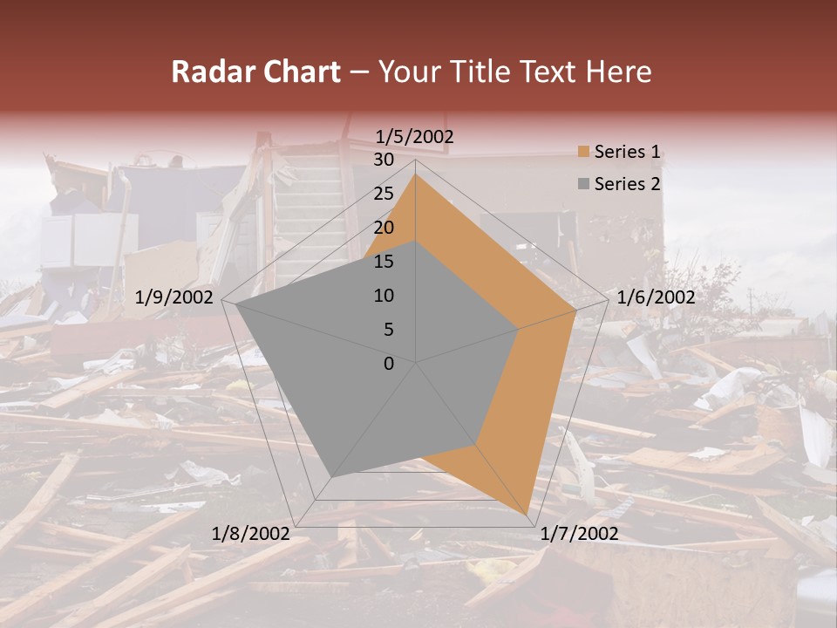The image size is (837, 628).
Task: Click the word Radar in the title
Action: (x=208, y=72)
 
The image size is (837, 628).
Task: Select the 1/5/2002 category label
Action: (x=415, y=136)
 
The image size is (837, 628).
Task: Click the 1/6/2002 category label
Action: (x=656, y=297)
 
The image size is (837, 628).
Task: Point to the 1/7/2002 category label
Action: (x=579, y=534)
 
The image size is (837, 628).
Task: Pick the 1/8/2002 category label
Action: (x=251, y=534)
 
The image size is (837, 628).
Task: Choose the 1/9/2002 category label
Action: (x=174, y=297)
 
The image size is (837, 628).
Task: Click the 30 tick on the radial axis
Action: (x=384, y=160)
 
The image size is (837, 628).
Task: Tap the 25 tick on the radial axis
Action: (x=384, y=194)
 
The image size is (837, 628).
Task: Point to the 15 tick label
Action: (x=384, y=262)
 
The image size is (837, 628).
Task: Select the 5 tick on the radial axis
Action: (x=389, y=330)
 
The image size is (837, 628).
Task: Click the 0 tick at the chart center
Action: (x=389, y=364)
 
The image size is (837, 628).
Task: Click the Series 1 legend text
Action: (x=627, y=152)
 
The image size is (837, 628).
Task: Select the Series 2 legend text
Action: (x=627, y=184)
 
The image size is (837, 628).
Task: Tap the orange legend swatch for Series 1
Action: (x=583, y=153)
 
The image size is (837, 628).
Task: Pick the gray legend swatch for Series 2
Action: (x=583, y=185)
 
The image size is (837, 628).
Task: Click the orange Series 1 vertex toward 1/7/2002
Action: (x=527, y=513)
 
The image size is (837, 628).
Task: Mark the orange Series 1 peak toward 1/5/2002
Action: (x=416, y=174)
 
